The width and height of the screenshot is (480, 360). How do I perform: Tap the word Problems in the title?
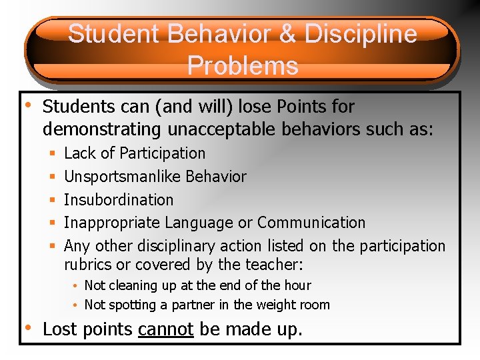point(243,65)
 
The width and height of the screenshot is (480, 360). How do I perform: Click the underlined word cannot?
point(165,329)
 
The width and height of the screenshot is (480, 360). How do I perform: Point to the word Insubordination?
point(119,199)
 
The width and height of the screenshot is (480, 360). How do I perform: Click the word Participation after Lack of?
point(163,153)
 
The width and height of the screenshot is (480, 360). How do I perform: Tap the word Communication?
point(311,223)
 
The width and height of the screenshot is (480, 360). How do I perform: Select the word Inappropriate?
point(113,223)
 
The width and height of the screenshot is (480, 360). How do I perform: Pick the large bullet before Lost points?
point(27,327)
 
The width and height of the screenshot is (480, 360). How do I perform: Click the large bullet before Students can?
point(27,105)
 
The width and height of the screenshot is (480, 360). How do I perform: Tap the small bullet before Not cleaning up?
point(77,286)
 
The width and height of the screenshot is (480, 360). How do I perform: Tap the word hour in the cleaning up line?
point(297,285)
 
